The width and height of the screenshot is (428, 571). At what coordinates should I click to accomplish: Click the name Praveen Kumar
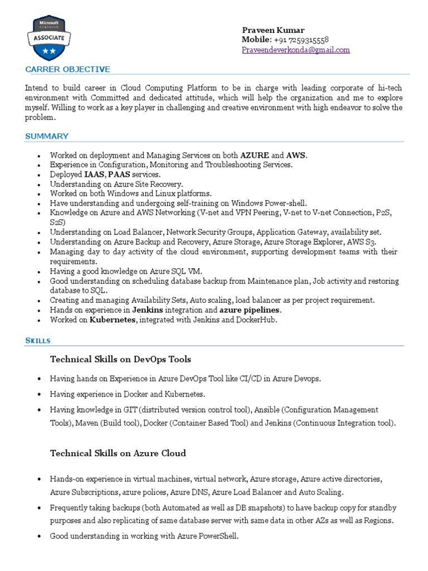pos(273,30)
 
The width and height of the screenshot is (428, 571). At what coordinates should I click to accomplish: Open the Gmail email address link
pos(295,50)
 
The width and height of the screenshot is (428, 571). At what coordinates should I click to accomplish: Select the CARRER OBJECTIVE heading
pos(67,69)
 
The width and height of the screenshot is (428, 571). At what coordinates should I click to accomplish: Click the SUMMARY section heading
pos(47,136)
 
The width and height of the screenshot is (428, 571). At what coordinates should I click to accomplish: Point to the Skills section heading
pos(38,340)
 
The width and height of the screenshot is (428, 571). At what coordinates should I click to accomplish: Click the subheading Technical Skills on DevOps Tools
pos(120,359)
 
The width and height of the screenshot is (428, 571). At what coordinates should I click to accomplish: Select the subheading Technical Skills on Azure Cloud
pos(118,453)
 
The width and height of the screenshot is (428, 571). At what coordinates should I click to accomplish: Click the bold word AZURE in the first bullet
pos(255,155)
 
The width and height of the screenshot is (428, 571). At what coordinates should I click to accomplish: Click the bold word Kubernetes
pos(113,320)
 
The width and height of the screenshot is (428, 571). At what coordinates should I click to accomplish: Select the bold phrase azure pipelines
pos(250,310)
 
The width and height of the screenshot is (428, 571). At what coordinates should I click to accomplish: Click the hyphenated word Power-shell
pos(284,203)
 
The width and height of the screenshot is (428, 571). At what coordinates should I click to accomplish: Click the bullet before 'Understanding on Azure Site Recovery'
pos(38,185)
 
